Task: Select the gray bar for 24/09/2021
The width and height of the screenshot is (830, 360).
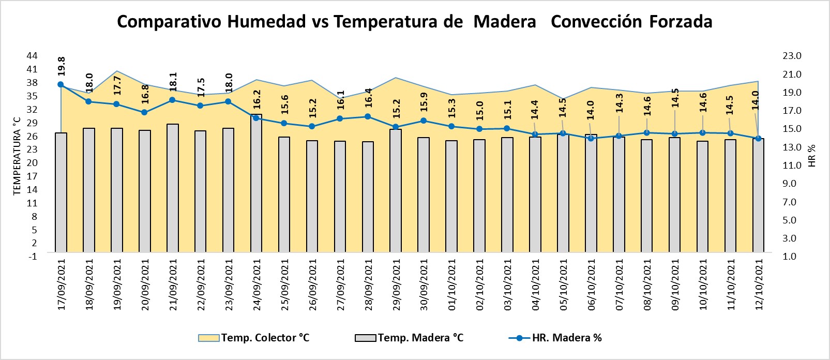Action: pyautogui.click(x=256, y=184)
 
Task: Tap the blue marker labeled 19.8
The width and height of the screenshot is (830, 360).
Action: pyautogui.click(x=61, y=85)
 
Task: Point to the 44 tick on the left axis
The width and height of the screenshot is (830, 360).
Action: pyautogui.click(x=32, y=55)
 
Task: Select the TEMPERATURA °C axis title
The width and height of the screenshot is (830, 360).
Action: pyautogui.click(x=17, y=155)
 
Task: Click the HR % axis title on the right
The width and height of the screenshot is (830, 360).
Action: pyautogui.click(x=811, y=155)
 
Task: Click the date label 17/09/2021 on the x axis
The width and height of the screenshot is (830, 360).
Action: pyautogui.click(x=62, y=284)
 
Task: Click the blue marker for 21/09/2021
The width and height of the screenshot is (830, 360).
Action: pyautogui.click(x=172, y=100)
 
